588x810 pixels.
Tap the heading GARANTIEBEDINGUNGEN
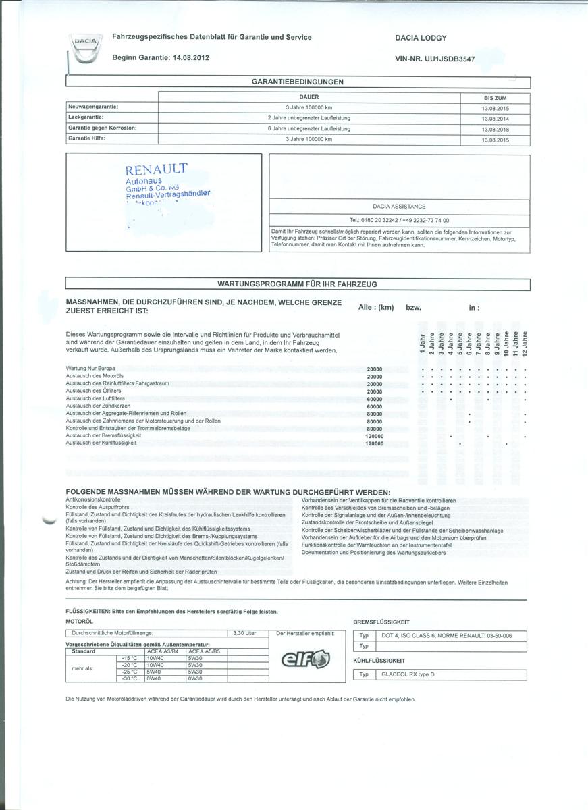[x=298, y=82]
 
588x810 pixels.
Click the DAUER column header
[x=309, y=97]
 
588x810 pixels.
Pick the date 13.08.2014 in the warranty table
[x=495, y=118]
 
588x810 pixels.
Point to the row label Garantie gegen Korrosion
[x=103, y=128]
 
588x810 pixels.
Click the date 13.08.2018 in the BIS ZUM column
[x=495, y=129]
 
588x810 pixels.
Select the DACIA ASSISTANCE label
[x=399, y=206]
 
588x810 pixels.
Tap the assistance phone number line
[x=399, y=220]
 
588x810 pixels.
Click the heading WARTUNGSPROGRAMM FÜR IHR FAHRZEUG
[x=297, y=284]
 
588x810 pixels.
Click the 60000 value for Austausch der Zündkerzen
[x=374, y=406]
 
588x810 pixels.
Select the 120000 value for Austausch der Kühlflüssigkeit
[x=374, y=443]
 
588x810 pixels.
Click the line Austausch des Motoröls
[x=95, y=377]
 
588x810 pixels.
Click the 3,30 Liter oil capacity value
[x=244, y=633]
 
